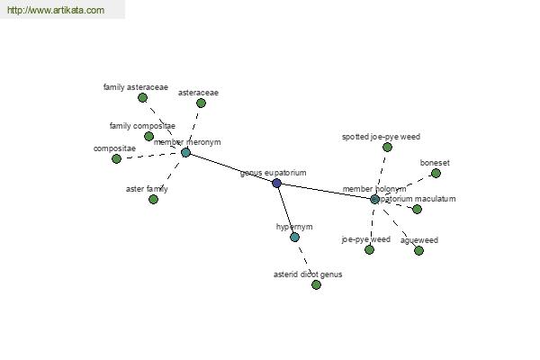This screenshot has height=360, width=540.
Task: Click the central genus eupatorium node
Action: point(276,183)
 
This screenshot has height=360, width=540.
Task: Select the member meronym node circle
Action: point(185,152)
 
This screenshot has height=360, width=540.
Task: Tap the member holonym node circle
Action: point(374,199)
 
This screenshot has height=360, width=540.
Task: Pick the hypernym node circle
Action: point(294,237)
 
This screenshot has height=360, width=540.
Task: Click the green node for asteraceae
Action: point(201,103)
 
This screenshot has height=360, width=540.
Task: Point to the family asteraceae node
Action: point(142,97)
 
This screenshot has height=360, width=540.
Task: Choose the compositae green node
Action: point(116,158)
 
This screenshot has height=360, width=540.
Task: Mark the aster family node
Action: point(153,199)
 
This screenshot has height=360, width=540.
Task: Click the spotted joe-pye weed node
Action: point(387,147)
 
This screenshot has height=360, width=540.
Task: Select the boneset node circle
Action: point(436,173)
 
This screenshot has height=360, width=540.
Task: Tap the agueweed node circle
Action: point(418,250)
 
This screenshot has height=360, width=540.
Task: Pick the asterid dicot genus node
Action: point(316,284)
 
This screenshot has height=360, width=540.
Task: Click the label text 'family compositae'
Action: point(142,126)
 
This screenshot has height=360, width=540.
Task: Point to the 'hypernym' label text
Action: point(294,227)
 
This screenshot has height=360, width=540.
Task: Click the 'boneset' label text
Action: point(435,163)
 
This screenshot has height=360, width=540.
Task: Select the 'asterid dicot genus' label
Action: point(308,274)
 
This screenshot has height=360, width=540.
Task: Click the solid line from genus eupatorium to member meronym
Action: point(230,167)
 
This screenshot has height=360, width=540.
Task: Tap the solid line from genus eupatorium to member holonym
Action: point(325,191)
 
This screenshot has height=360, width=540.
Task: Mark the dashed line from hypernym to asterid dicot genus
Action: point(305,261)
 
